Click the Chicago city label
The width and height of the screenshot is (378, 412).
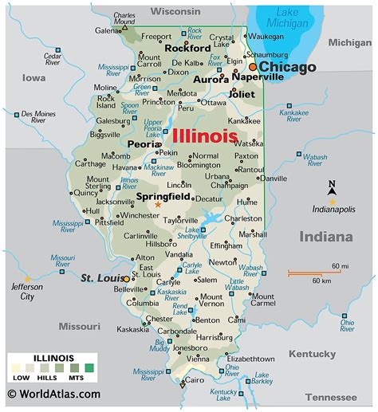coord(287,67)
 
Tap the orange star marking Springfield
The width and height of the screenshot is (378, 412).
coord(158,206)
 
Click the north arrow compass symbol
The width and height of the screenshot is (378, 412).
coord(333,190)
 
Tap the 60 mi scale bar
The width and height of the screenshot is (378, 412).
coord(303,273)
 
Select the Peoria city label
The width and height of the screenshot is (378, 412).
coord(144,144)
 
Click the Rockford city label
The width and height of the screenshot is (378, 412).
coord(187,47)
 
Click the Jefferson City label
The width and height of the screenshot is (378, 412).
coord(22,291)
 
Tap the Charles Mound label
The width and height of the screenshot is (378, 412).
coord(124,18)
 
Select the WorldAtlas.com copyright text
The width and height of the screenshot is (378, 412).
coord(54,394)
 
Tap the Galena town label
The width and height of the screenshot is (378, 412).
coord(108,30)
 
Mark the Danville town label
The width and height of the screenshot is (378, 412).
coord(274,179)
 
